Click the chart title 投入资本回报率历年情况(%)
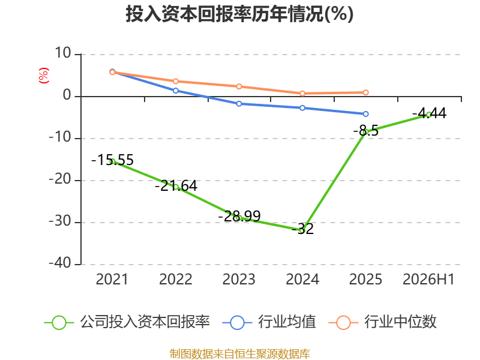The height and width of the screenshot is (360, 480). [239, 14]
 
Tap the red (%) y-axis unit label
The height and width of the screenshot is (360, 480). [43, 76]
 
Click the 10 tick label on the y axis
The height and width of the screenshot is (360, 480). [63, 53]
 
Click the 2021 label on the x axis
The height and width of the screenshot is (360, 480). [112, 279]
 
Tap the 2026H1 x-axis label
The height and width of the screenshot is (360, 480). [428, 279]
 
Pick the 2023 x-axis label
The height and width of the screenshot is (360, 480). [239, 279]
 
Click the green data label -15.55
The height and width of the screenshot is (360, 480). [113, 160]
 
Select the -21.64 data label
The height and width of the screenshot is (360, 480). [176, 186]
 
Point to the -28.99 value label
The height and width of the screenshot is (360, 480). [239, 216]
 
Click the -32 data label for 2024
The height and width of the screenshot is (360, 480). [303, 229]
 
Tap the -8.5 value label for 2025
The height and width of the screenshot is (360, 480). [366, 131]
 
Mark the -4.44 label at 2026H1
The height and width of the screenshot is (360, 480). [429, 113]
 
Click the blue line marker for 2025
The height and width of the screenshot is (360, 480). [366, 114]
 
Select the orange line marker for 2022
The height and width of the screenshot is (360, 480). [176, 81]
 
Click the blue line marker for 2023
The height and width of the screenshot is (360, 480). [239, 104]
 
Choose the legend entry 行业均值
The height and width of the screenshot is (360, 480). [269, 322]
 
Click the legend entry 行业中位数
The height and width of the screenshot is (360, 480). [382, 322]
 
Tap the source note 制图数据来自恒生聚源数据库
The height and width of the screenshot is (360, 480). [240, 354]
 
